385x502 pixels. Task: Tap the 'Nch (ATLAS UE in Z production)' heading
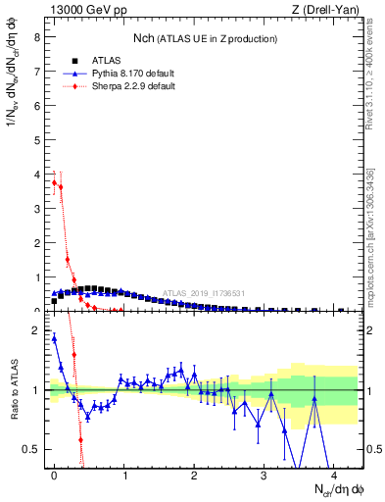(205, 38)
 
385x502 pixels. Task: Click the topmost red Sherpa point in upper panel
(54, 181)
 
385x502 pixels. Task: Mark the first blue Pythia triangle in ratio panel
(54, 339)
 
